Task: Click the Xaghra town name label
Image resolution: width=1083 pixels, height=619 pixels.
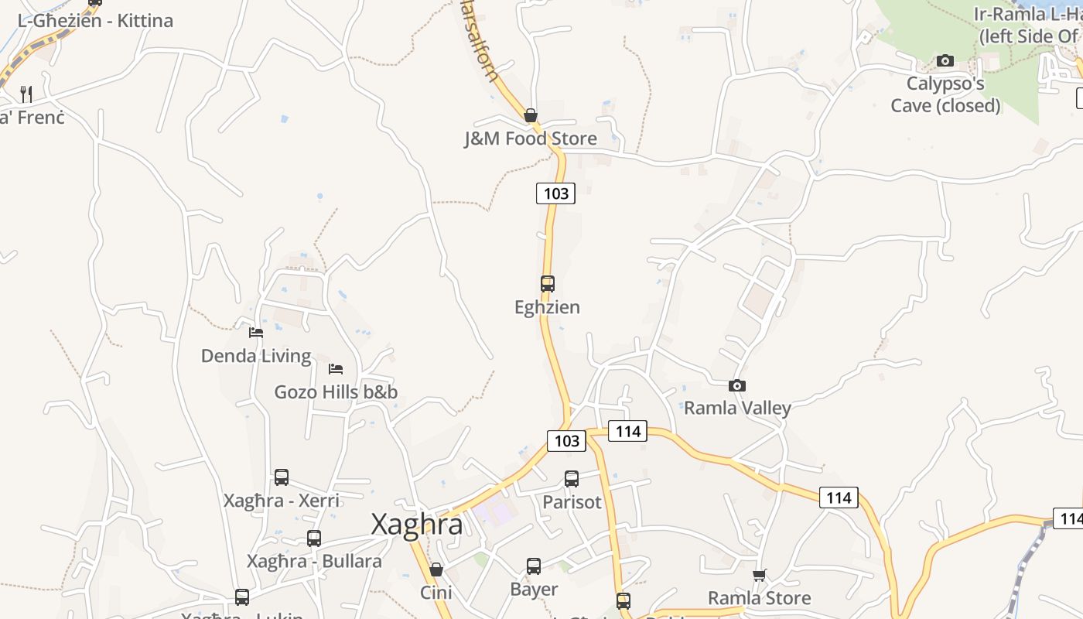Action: tap(417, 525)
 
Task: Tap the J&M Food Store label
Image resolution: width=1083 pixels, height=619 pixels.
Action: tap(531, 139)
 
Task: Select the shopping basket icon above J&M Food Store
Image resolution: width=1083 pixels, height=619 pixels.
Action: tap(531, 115)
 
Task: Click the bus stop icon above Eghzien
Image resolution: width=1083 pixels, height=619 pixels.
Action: tap(548, 284)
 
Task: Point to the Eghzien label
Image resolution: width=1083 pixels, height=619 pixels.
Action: tap(547, 307)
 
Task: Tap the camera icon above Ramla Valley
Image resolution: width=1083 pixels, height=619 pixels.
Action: tap(737, 385)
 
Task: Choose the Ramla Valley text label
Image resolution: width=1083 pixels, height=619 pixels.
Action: tap(737, 408)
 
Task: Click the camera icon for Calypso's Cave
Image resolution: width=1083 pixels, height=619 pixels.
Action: tap(945, 61)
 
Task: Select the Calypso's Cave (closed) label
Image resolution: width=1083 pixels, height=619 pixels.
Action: tap(945, 94)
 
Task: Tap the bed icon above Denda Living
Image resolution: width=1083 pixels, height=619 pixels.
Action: tap(256, 333)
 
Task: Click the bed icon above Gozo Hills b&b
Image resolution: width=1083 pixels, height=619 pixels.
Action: tap(335, 368)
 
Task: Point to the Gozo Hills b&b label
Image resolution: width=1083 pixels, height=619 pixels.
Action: tap(336, 392)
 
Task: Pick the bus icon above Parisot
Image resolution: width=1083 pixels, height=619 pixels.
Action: tap(572, 479)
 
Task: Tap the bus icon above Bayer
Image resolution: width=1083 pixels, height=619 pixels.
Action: tap(534, 566)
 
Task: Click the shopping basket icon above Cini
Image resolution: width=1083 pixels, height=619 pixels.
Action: tap(436, 569)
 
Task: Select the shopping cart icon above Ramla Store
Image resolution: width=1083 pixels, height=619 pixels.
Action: tap(760, 575)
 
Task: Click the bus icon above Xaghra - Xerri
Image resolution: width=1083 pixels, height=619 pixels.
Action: tap(282, 477)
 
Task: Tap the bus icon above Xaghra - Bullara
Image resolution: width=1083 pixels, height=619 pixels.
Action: tap(314, 539)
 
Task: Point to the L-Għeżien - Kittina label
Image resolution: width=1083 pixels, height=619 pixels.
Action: tap(95, 21)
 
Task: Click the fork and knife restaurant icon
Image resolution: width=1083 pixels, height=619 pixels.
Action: tap(26, 94)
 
